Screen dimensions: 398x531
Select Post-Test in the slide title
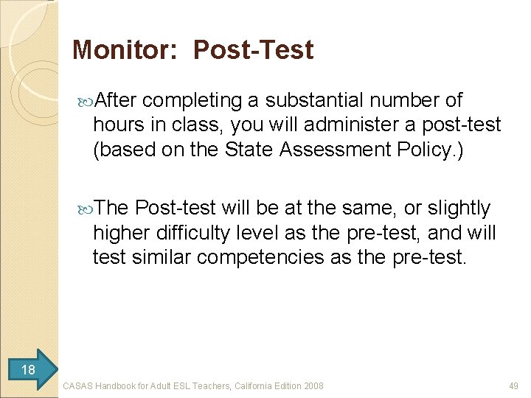[253, 50]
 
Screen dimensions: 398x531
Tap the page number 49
[513, 385]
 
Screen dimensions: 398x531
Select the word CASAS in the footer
[79, 385]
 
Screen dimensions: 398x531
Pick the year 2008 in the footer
[313, 385]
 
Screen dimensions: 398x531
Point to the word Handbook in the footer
[121, 385]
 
